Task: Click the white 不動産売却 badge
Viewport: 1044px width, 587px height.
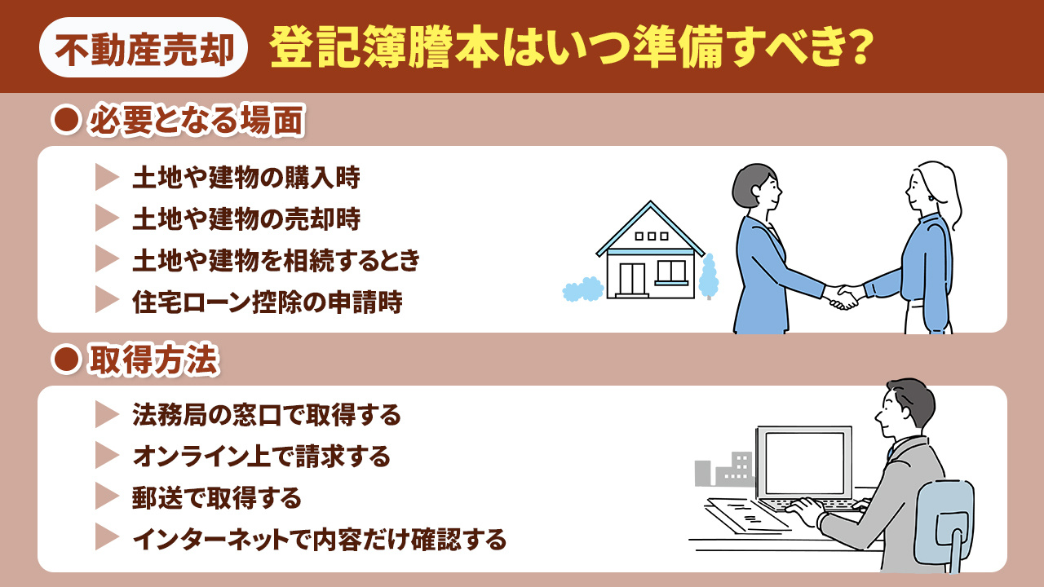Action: (x=144, y=48)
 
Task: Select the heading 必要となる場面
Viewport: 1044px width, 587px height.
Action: (x=196, y=122)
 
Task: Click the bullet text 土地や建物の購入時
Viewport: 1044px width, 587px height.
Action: (x=246, y=178)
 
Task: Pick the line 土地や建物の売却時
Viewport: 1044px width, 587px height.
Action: (x=246, y=218)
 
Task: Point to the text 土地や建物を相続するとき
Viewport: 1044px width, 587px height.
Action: (x=276, y=260)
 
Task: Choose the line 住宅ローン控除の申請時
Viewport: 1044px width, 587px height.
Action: (x=267, y=302)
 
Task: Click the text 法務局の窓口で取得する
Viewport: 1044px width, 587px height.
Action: (x=266, y=416)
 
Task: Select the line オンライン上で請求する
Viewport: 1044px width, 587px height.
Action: (x=261, y=457)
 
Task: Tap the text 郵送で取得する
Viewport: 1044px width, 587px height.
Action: (x=216, y=497)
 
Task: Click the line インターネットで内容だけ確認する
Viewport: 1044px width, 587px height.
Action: (x=319, y=539)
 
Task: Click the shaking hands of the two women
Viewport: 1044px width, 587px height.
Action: (x=844, y=295)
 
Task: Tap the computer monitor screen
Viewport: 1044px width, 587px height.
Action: (x=803, y=462)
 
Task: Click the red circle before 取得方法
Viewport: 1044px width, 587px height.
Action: (x=64, y=361)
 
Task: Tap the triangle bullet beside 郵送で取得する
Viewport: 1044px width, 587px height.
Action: (x=106, y=497)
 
